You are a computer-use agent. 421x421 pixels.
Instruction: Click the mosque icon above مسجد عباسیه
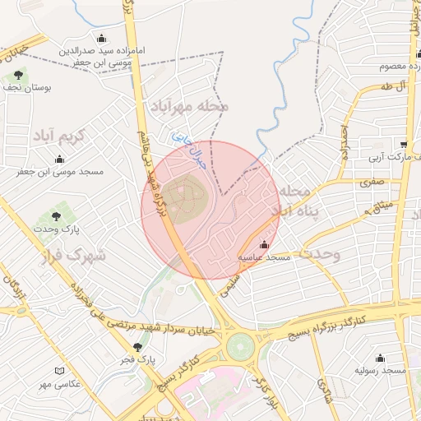point(264,244)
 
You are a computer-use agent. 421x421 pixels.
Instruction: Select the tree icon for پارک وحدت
point(56,216)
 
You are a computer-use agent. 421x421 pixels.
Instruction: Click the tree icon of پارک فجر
point(136,347)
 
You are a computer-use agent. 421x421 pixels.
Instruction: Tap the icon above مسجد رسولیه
point(380,358)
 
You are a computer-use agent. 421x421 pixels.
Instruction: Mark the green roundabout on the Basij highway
point(241,345)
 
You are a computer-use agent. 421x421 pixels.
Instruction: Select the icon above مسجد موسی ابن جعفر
point(59,159)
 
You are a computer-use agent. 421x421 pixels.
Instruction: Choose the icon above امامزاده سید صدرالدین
point(101,38)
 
